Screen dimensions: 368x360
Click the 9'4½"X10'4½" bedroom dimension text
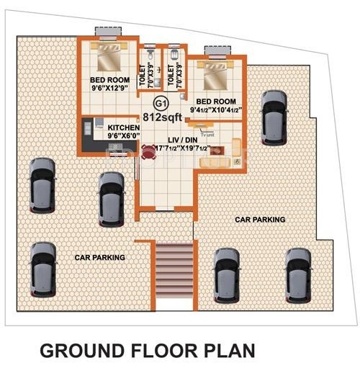point(215,110)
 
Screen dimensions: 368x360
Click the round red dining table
point(148,152)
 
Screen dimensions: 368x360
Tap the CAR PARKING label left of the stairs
point(100,257)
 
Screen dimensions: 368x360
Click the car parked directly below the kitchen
point(110,195)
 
